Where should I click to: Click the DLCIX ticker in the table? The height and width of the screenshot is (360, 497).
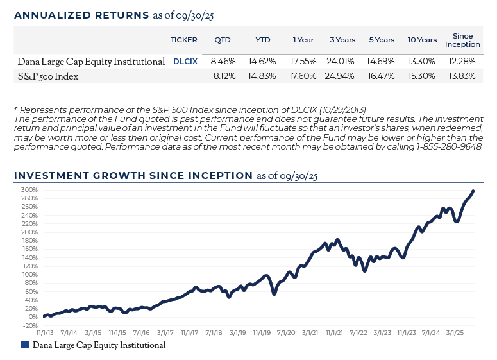[x=185, y=62]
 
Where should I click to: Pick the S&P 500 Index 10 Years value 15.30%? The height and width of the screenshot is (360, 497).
[x=422, y=76]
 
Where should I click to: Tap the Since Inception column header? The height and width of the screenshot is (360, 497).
[x=462, y=40]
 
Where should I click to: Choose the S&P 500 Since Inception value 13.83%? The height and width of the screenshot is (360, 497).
[x=462, y=76]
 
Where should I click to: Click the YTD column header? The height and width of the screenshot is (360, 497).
[x=263, y=40]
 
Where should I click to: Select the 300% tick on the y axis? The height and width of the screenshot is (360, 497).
[x=29, y=190]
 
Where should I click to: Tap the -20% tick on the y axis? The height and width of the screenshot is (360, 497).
[x=30, y=325]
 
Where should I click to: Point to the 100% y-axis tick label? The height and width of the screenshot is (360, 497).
[x=29, y=274]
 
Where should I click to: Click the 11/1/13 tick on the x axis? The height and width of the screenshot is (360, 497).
[x=45, y=333]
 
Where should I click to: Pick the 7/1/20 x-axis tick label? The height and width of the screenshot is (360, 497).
[x=285, y=333]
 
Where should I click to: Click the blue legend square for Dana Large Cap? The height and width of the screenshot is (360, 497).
[x=25, y=345]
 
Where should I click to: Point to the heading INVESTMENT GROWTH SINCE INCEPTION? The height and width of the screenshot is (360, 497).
[x=133, y=175]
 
